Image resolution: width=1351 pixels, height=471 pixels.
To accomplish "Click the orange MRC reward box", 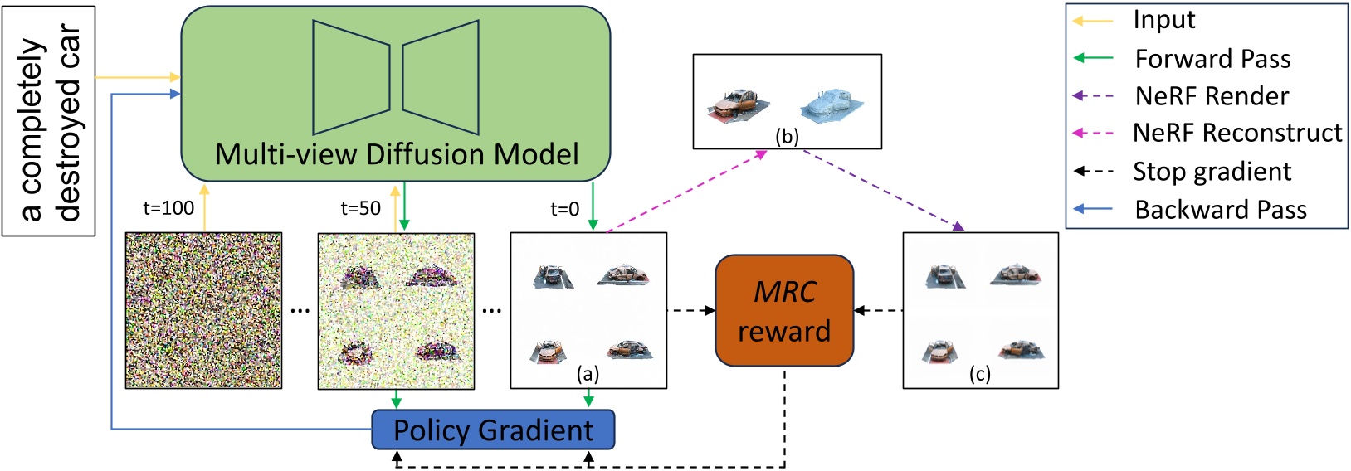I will click(784, 311).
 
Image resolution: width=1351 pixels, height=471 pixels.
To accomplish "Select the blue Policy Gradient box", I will click(493, 430).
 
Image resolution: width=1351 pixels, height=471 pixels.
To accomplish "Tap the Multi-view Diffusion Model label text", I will click(397, 154).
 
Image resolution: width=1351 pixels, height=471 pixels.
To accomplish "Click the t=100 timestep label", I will click(168, 208).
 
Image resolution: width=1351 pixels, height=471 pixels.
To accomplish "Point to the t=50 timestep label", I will click(360, 208).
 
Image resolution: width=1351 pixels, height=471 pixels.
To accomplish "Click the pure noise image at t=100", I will click(203, 310).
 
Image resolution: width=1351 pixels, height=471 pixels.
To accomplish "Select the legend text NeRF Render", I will click(1212, 96).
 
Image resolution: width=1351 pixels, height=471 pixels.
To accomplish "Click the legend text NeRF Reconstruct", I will click(1236, 133).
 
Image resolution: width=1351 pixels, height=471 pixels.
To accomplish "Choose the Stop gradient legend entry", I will click(1212, 172).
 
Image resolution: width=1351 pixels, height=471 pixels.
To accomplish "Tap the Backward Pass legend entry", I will click(1220, 210).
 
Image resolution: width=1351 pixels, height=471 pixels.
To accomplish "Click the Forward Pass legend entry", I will click(1212, 59).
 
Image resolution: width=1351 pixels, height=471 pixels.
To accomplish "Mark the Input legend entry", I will click(1164, 20).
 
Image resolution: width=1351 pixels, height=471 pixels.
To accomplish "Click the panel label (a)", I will click(588, 374).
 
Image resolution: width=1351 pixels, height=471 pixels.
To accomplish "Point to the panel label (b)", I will click(787, 137).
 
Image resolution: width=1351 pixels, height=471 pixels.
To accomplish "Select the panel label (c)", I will click(980, 374).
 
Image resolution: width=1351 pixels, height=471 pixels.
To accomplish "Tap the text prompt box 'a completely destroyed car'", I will click(48, 121).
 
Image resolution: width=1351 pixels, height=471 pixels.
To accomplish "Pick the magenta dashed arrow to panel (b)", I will click(685, 191).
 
